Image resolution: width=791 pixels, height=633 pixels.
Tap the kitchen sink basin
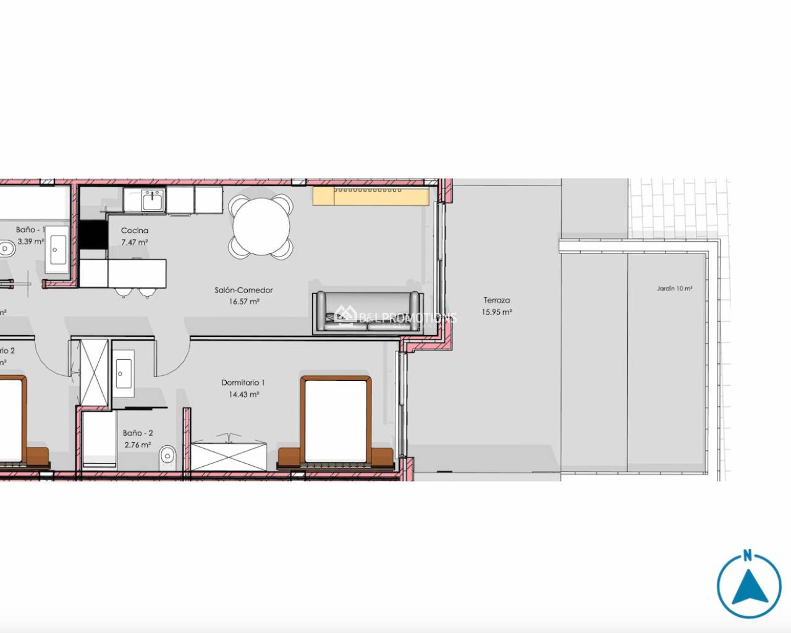pyautogui.click(x=151, y=201)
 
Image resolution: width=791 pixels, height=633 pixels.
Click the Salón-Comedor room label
pyautogui.click(x=243, y=290)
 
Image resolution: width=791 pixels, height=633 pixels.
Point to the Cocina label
pyautogui.click(x=135, y=231)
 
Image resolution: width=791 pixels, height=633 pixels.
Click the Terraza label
pyautogui.click(x=497, y=300)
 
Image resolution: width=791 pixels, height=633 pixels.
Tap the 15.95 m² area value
pyautogui.click(x=497, y=312)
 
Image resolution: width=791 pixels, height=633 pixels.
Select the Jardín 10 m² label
pyautogui.click(x=674, y=289)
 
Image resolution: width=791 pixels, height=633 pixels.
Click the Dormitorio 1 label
pyautogui.click(x=243, y=383)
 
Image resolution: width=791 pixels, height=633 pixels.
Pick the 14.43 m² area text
pyautogui.click(x=243, y=394)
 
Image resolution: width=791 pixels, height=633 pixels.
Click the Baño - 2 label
pyautogui.click(x=138, y=433)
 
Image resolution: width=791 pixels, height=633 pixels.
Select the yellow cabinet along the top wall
pyautogui.click(x=371, y=196)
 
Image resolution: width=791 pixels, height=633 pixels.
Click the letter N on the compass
pyautogui.click(x=748, y=554)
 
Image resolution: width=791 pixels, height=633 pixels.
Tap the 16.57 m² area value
pyautogui.click(x=243, y=302)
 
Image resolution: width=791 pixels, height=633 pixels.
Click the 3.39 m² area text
pyautogui.click(x=30, y=242)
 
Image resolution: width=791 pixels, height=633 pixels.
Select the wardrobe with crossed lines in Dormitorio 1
pyautogui.click(x=229, y=454)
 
